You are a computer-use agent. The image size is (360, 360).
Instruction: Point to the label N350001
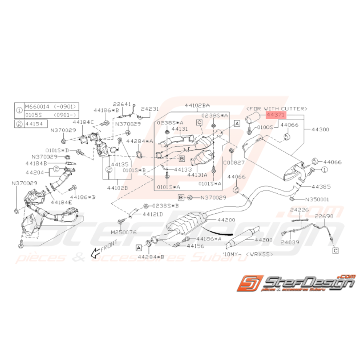tap(317, 200)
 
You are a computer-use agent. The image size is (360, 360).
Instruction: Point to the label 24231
tap(150, 109)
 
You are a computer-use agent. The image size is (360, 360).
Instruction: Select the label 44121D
tap(153, 214)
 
